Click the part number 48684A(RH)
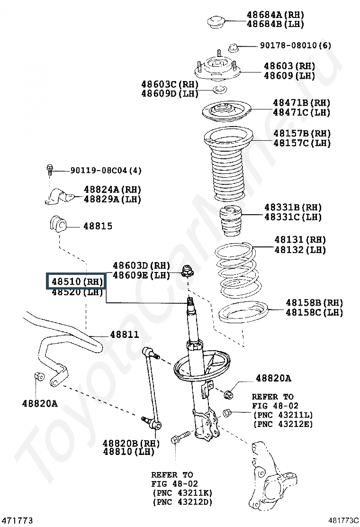click(275, 15)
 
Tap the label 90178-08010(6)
click(295, 45)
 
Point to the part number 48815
click(98, 226)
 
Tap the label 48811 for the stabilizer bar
click(125, 335)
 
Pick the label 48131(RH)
click(300, 240)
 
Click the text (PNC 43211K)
click(182, 493)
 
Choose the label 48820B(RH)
click(130, 443)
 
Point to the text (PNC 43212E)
click(283, 424)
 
